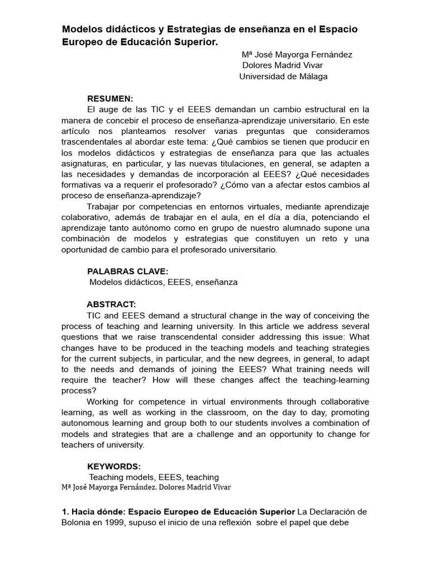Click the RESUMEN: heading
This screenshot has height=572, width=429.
pos(110,99)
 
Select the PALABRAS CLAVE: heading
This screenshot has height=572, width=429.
pos(128,271)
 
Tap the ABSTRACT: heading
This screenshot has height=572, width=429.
pos(111,304)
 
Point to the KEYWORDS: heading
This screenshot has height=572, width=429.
pos(114,466)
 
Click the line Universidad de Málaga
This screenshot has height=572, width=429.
pos(283,77)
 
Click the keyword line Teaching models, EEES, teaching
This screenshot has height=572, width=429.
pos(154,477)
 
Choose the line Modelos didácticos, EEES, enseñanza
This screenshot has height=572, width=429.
pos(164,282)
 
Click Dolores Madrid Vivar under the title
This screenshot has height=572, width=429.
pos(282,65)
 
